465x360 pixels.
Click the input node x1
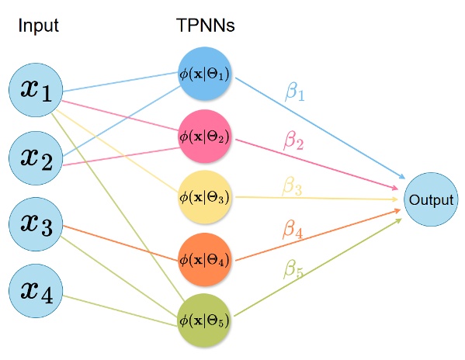click(x=36, y=93)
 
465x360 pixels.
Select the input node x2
click(x=36, y=158)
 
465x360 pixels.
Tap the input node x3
click(x=36, y=225)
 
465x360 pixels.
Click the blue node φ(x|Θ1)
click(x=205, y=74)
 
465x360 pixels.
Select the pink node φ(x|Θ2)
click(x=205, y=136)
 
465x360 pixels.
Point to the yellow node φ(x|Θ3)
click(x=205, y=196)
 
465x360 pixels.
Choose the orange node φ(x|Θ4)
click(x=205, y=257)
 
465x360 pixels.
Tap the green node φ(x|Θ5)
click(x=205, y=318)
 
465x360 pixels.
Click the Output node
click(x=431, y=199)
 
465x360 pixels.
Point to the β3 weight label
click(x=293, y=186)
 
